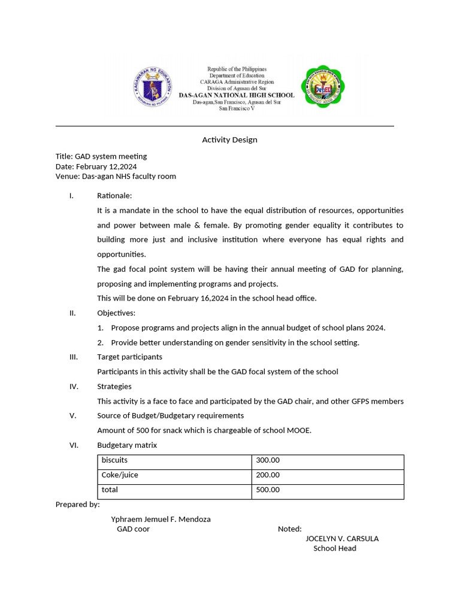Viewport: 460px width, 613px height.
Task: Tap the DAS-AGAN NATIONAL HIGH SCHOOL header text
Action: coord(243,95)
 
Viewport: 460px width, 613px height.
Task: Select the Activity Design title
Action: coord(229,139)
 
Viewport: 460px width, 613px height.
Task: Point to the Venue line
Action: coord(116,177)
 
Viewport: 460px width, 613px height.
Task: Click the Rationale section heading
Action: coord(114,196)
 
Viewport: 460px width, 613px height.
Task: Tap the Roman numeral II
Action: coord(72,313)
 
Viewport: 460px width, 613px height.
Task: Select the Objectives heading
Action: coord(116,313)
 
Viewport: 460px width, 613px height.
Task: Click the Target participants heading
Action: coord(129,357)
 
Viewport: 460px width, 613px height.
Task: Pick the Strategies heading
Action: coord(114,386)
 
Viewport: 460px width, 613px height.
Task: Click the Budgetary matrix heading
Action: coord(127,445)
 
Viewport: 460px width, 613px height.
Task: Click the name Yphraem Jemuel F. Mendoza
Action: coord(161,519)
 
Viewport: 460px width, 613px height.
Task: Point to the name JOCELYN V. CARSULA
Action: coord(342,538)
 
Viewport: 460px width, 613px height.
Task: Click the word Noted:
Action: coord(290,529)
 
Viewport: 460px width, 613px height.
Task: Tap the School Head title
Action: coord(335,548)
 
